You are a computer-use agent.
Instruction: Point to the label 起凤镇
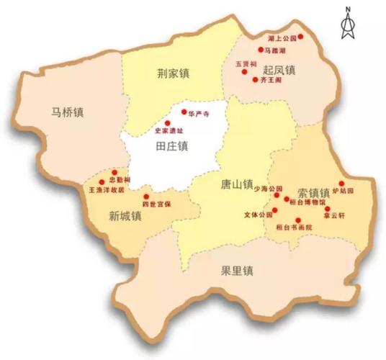click(x=279, y=71)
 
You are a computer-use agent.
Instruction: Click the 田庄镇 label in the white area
click(x=171, y=146)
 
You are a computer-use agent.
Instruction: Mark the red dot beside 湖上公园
click(x=300, y=36)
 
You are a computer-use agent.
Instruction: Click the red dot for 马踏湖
click(x=261, y=50)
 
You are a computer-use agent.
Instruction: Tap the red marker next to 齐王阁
click(x=254, y=78)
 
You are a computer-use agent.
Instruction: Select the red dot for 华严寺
click(x=184, y=113)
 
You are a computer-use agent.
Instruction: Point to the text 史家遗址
click(x=170, y=131)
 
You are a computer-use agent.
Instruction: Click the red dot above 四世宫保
click(x=146, y=197)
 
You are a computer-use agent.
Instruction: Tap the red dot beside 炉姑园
click(x=342, y=183)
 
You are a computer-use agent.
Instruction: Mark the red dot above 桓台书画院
click(x=298, y=220)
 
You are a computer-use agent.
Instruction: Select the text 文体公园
click(x=258, y=215)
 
